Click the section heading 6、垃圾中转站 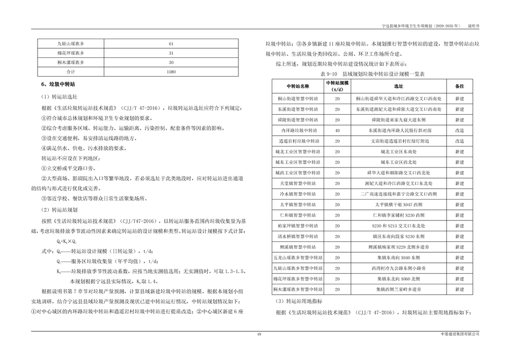(59, 85)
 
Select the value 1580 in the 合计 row (171, 71)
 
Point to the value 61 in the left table (171, 43)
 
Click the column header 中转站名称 (298, 86)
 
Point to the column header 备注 (460, 86)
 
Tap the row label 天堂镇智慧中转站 (298, 183)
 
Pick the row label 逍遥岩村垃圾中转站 (298, 141)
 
